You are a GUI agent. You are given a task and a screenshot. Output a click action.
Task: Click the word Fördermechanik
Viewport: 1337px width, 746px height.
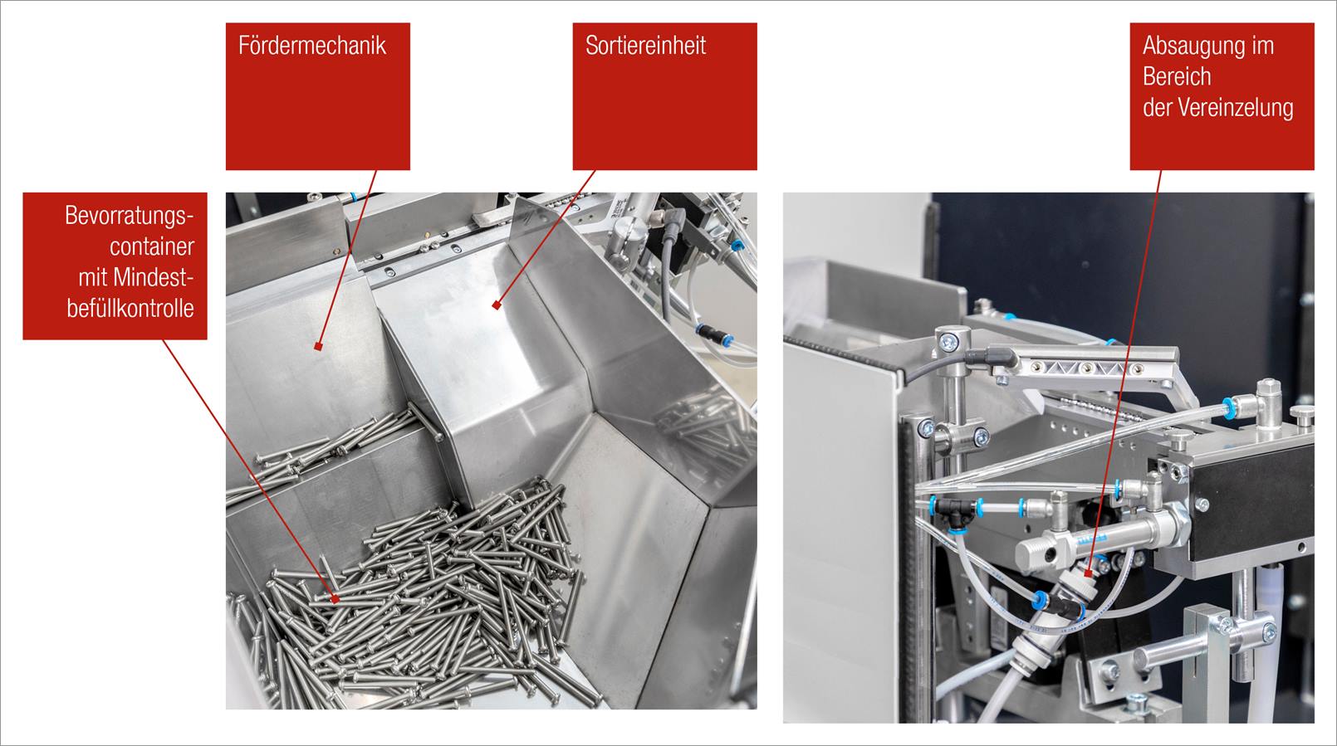(312, 46)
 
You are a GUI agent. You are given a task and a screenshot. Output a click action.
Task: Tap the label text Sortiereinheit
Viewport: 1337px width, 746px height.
(645, 46)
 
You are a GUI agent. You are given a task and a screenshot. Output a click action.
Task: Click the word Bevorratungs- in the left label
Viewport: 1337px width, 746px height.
(130, 216)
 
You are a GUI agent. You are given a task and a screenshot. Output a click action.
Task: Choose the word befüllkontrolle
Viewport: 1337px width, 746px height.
(130, 309)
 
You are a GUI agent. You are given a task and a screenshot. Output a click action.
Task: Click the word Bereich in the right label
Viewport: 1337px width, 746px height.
(1177, 77)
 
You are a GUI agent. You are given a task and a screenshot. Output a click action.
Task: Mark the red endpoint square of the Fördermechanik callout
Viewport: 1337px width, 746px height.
(318, 347)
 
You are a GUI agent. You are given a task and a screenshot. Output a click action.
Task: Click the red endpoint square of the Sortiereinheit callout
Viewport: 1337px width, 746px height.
(496, 305)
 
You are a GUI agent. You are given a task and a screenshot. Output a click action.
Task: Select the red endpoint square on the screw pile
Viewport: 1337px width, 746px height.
(335, 598)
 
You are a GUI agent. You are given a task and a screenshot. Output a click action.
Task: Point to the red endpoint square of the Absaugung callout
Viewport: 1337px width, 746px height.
(1088, 573)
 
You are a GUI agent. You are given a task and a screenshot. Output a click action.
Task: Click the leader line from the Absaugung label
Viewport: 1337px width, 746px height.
(1124, 372)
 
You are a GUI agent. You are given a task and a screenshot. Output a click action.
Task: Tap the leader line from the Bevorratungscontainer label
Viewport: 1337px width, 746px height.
(249, 470)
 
